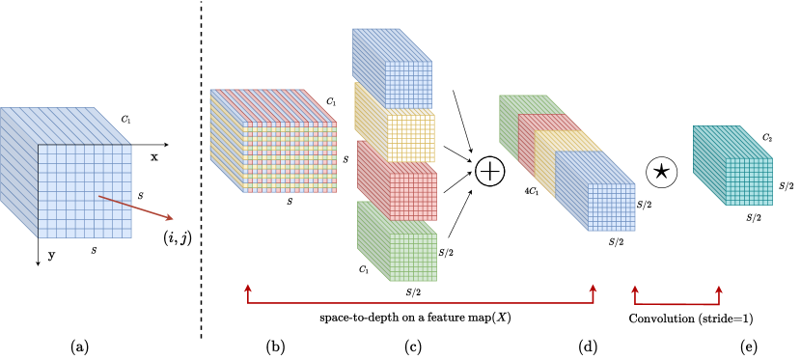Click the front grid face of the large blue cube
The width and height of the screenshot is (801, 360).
pyautogui.click(x=84, y=191)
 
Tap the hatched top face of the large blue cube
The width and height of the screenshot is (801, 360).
pyautogui.click(x=66, y=125)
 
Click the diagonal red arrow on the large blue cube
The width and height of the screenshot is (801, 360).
pyautogui.click(x=135, y=208)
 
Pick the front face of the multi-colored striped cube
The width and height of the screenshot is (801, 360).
pyautogui.click(x=290, y=157)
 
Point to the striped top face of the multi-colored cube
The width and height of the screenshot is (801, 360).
pyautogui.click(x=272, y=105)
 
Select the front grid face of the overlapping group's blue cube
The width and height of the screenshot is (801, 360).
pyautogui.click(x=611, y=208)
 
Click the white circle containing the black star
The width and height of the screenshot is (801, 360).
pyautogui.click(x=661, y=172)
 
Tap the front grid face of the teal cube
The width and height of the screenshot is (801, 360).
pyautogui.click(x=749, y=181)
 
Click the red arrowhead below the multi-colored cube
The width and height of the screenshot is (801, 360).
pyautogui.click(x=248, y=289)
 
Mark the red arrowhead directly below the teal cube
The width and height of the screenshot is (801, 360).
pyautogui.click(x=719, y=290)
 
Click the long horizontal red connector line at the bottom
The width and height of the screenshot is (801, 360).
pyautogui.click(x=420, y=303)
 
